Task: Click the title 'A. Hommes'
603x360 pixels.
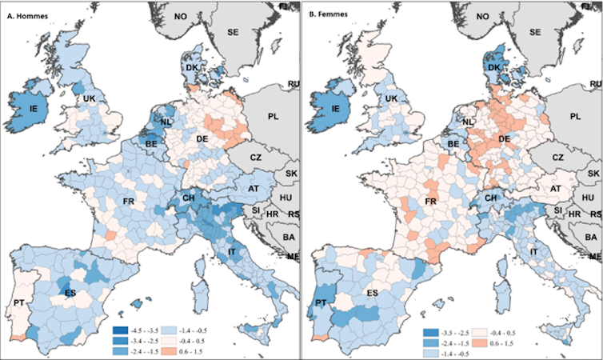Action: [x=29, y=12]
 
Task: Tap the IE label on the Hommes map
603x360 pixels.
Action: [x=23, y=106]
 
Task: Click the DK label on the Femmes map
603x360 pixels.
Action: [x=493, y=70]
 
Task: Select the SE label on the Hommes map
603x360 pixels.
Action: [x=234, y=32]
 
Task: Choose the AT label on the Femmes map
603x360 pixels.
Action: [x=550, y=189]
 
